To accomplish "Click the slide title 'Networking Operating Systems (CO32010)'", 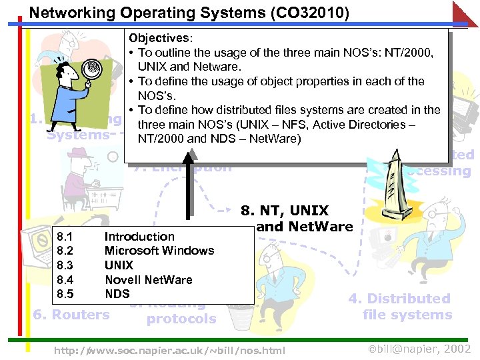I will coord(189,13).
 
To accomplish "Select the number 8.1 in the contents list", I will coord(65,236).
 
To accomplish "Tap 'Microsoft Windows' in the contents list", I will coord(159,251).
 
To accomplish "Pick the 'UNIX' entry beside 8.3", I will coord(119,265).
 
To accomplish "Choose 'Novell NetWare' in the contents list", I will coord(148,279).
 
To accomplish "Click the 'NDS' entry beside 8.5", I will coord(117,293).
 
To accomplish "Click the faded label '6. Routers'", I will coord(71,315).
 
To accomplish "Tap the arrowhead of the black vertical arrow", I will coord(191,155).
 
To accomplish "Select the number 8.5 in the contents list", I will coord(65,293).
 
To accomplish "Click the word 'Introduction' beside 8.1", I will coord(139,236).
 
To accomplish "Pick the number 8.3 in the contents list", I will coord(65,265).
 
